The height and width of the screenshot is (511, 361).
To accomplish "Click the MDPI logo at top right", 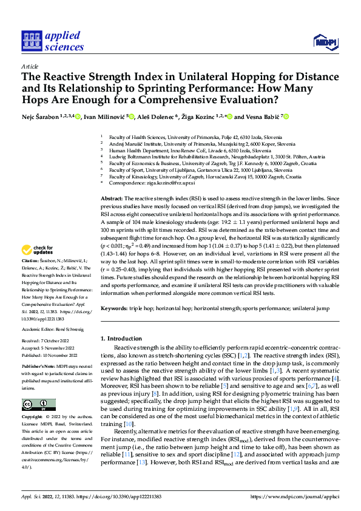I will (325, 41).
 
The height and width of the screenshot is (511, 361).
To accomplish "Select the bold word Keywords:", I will (114, 308).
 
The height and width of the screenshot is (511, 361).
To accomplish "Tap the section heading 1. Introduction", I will (120, 337).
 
